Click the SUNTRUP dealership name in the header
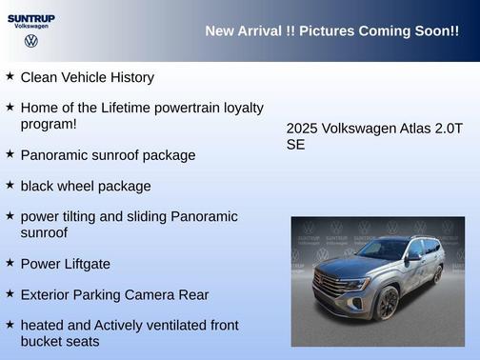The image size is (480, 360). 31,17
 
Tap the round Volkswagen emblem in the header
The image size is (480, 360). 31,42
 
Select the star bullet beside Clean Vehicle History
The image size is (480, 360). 10,75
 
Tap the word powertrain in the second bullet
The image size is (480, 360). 197,108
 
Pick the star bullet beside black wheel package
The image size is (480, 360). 10,184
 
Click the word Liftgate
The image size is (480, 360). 86,263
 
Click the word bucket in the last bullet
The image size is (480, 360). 43,341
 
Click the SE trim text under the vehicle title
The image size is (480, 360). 295,145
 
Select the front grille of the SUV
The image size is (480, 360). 330,284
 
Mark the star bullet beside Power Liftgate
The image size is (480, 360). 10,262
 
